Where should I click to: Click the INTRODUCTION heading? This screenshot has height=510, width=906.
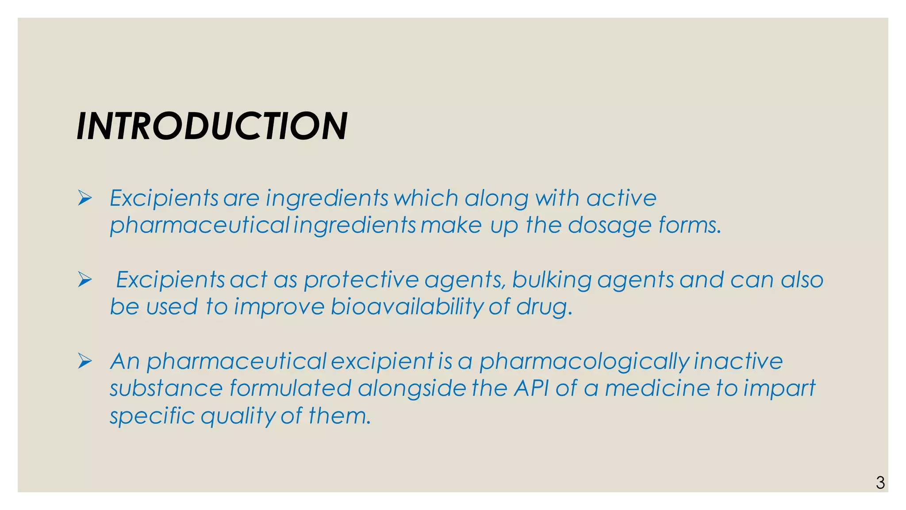pos(212,127)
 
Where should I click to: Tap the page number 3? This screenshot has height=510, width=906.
pos(880,483)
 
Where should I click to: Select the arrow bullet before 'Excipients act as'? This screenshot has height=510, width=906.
pos(84,279)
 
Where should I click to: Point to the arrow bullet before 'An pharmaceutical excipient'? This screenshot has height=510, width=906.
pos(84,361)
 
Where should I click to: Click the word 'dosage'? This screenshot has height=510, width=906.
pos(610,226)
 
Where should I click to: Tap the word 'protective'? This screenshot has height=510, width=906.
pos(361,280)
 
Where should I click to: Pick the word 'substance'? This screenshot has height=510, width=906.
pos(166,389)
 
